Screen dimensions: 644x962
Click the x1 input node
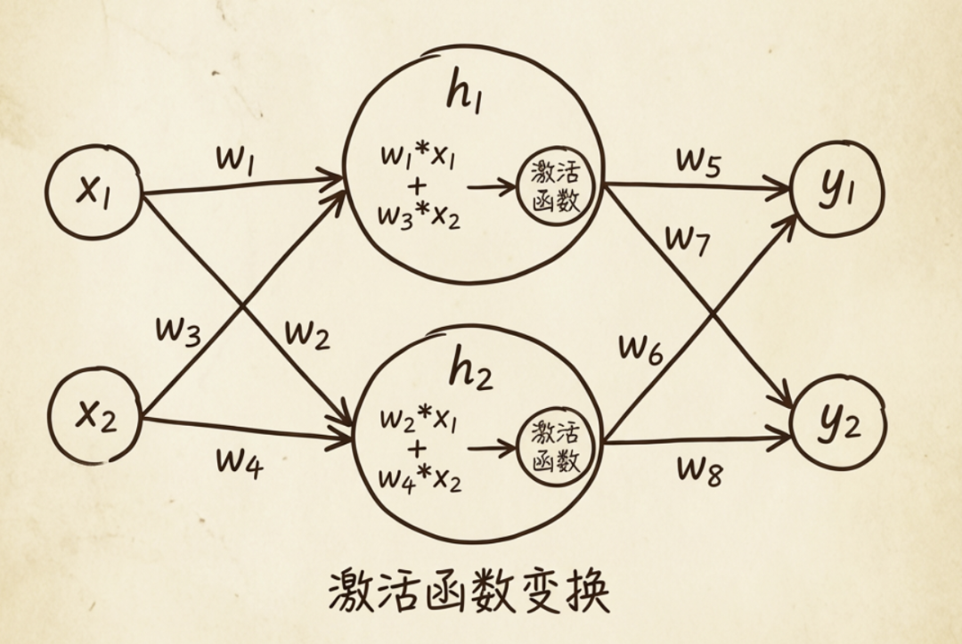coord(97,192)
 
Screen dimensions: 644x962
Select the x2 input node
coord(97,416)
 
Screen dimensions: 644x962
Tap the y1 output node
coord(837,190)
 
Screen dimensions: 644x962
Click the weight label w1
coord(235,161)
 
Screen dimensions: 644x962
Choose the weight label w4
coord(239,462)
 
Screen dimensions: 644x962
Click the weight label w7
coord(687,240)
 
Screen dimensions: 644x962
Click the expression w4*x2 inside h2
coord(419,479)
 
